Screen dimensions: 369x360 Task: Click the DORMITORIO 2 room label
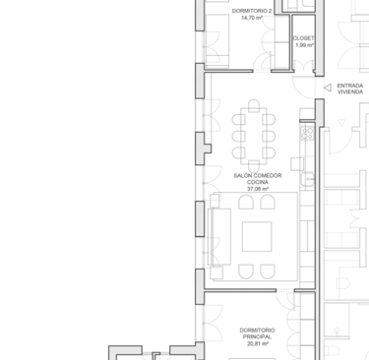click(x=252, y=11)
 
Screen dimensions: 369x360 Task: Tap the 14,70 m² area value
click(x=252, y=18)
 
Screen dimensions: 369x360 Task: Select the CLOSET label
click(x=303, y=38)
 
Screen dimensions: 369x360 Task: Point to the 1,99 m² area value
click(x=305, y=45)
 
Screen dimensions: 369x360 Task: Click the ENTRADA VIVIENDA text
click(x=350, y=89)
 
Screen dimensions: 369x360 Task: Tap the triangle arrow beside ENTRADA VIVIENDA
click(x=328, y=88)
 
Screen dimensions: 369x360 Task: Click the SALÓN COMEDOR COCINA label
click(x=258, y=179)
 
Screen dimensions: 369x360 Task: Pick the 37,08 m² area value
click(x=258, y=189)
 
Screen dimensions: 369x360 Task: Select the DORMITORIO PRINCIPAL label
click(x=258, y=333)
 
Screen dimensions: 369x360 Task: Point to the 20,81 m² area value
click(x=258, y=343)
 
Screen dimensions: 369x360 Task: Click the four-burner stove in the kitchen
click(x=308, y=133)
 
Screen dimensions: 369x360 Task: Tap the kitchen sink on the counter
click(x=308, y=180)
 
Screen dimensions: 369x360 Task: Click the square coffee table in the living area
click(x=257, y=236)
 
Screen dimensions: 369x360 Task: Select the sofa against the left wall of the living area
click(x=219, y=237)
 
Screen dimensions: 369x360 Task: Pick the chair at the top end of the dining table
click(x=254, y=105)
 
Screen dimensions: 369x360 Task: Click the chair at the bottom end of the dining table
click(x=254, y=166)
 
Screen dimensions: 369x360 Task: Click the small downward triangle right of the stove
click(x=341, y=123)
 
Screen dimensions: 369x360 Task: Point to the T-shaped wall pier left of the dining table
click(x=203, y=149)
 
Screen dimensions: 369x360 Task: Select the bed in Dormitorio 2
click(x=216, y=41)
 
